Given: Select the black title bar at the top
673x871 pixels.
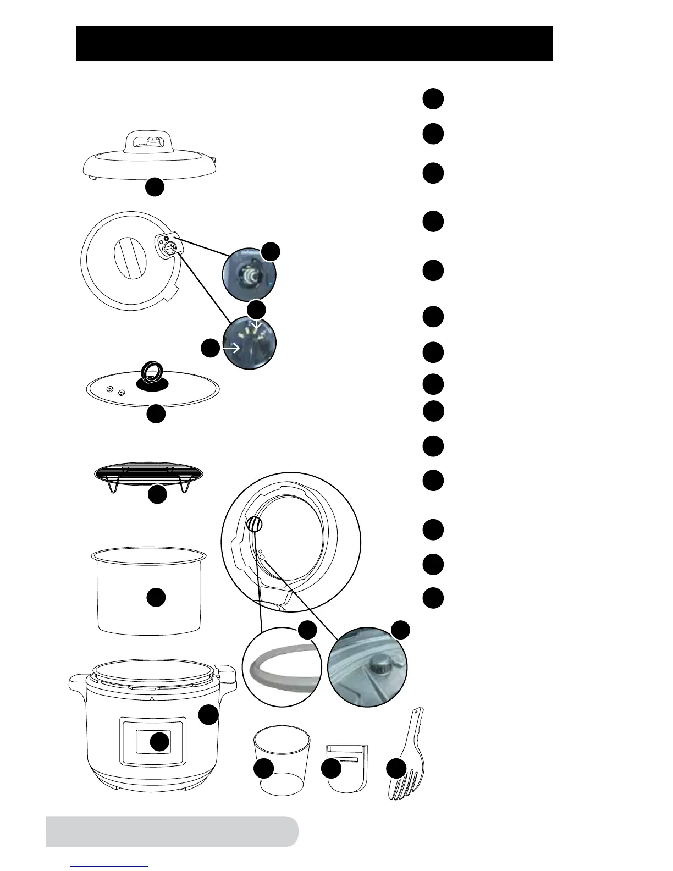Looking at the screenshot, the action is coord(315,43).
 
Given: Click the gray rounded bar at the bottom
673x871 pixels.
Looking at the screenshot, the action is coord(172,831).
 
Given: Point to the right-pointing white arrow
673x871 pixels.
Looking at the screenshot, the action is coord(231,348).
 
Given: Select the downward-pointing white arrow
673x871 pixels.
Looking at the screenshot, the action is coord(256,328).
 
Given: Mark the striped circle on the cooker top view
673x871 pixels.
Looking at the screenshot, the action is coord(254,525).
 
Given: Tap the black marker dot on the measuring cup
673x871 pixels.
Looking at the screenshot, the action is coord(264,768).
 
